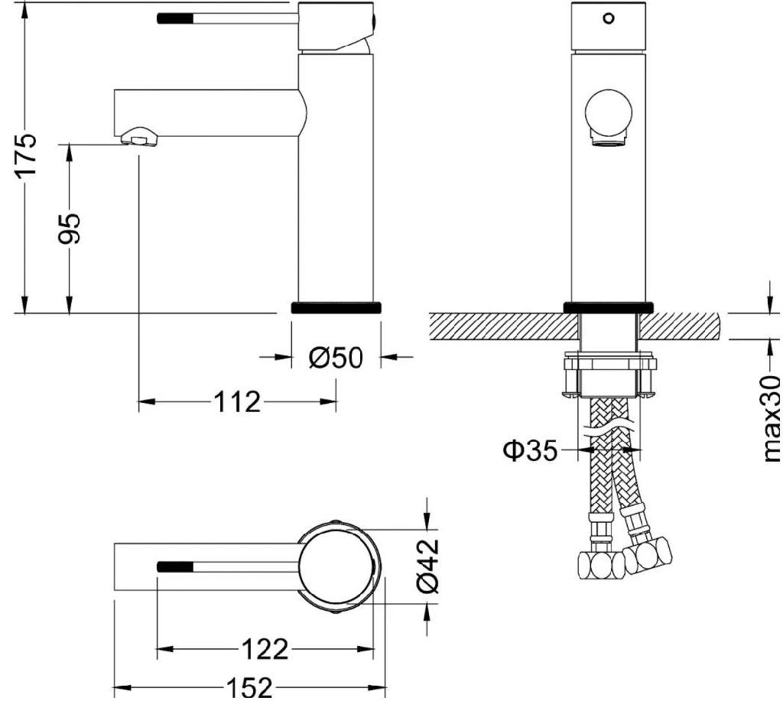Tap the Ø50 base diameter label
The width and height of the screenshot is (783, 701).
[336, 357]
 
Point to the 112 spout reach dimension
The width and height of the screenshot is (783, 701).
[237, 401]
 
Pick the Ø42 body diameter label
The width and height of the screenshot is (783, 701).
[428, 565]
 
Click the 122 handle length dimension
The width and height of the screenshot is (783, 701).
[265, 650]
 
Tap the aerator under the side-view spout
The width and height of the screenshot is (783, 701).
[139, 138]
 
